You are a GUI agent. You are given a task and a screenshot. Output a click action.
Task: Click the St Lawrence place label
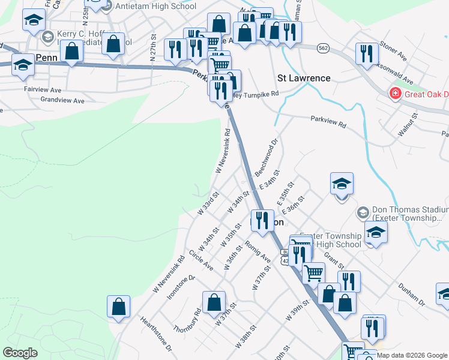click(304, 78)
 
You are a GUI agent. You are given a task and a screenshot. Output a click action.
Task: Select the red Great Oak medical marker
click(396, 94)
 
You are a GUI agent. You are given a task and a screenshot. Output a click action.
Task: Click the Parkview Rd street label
click(328, 122)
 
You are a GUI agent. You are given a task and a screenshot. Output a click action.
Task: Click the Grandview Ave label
click(62, 101)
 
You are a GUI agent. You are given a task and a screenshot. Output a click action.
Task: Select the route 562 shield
click(324, 48)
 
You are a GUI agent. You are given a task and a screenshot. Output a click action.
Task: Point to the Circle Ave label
click(200, 260)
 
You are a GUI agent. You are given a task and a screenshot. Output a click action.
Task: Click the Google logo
click(20, 353)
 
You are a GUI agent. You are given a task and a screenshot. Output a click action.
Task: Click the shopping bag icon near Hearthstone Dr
click(119, 306)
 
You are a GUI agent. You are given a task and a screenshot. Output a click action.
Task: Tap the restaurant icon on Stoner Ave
click(366, 54)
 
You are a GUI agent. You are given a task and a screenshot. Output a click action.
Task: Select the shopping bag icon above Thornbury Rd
click(214, 302)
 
